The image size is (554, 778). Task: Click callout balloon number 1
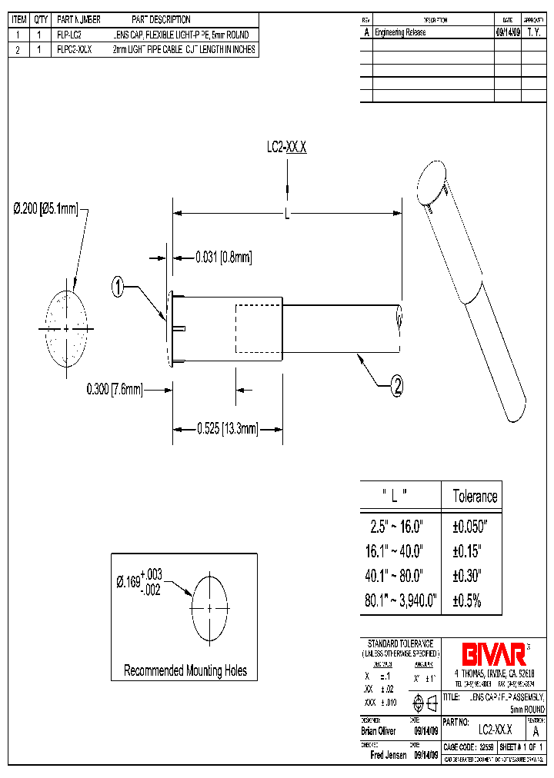point(118,288)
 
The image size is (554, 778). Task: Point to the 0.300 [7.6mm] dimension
point(115,390)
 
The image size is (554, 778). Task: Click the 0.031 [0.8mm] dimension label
point(223,256)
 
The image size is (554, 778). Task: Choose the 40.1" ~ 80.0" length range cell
point(399,576)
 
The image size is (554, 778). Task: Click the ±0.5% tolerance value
point(466,600)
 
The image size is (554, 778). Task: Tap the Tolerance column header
point(475,496)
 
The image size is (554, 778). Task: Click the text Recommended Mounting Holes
point(185,670)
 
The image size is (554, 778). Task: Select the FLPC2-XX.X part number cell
point(75,49)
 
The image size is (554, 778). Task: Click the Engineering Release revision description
point(400,33)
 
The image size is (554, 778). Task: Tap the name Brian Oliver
point(379,731)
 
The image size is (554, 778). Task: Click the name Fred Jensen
point(389,755)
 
